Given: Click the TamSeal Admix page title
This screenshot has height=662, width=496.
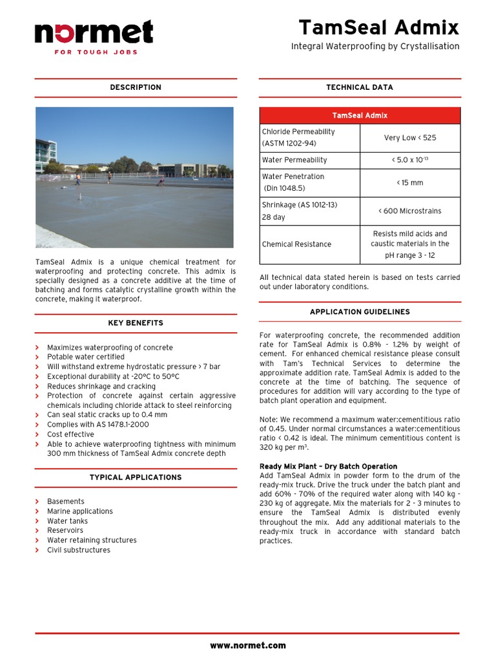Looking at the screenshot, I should [378, 28].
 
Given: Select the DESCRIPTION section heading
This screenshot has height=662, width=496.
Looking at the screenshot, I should [136, 87].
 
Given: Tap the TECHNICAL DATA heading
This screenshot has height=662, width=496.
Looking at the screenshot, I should [360, 87].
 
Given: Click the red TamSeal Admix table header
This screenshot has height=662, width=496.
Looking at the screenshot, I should [360, 116].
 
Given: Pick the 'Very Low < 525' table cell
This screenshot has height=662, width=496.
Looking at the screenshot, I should [410, 138].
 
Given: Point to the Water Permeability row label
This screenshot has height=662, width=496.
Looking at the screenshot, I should [294, 160].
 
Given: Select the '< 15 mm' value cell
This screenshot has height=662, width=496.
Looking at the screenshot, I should [410, 183].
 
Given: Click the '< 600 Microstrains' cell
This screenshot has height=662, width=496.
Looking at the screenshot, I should [410, 211].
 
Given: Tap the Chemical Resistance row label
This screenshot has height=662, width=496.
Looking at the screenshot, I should [296, 244].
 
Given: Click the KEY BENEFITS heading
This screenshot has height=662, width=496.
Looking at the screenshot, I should [136, 323].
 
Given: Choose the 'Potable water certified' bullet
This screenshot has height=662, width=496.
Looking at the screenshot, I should [86, 357].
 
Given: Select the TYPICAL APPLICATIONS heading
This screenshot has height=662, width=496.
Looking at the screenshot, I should [136, 478].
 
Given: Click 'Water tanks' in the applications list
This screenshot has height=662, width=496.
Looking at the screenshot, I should [67, 521].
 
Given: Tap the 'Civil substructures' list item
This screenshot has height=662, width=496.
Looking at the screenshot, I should [79, 550].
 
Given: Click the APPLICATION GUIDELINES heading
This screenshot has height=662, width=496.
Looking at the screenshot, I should [360, 312].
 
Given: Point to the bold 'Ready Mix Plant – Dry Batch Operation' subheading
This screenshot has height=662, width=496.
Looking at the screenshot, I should [328, 467].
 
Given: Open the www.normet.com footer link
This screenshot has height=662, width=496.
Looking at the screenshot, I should [248, 645].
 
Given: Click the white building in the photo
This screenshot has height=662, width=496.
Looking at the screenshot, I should [45, 153].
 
